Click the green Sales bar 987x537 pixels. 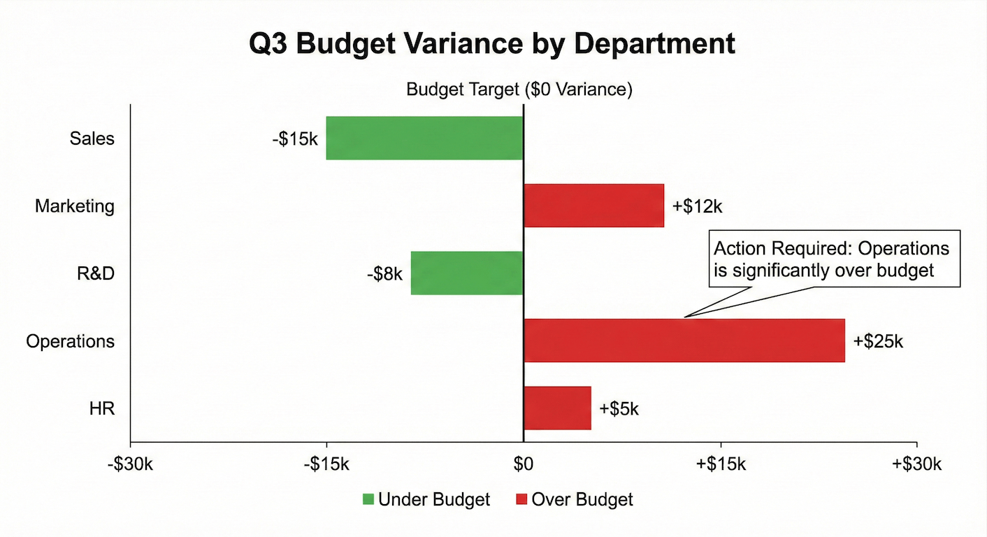[424, 138]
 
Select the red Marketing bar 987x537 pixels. [593, 206]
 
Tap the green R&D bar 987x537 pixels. [467, 273]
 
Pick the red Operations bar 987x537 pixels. [684, 341]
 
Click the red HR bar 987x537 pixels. [557, 408]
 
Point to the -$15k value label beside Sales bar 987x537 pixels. [295, 138]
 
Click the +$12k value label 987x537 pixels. [696, 206]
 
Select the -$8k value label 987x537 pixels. [384, 273]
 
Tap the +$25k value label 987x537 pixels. [878, 341]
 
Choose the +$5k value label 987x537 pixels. [619, 408]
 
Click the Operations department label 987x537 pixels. [70, 341]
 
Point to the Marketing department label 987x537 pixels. [75, 206]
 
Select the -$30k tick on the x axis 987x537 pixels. [130, 464]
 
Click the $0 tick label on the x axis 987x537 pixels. [523, 464]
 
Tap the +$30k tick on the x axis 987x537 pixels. [916, 464]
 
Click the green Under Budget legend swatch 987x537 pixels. [368, 499]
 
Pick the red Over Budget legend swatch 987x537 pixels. [521, 499]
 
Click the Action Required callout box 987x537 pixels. [835, 259]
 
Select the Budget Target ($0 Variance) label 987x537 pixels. [519, 89]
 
